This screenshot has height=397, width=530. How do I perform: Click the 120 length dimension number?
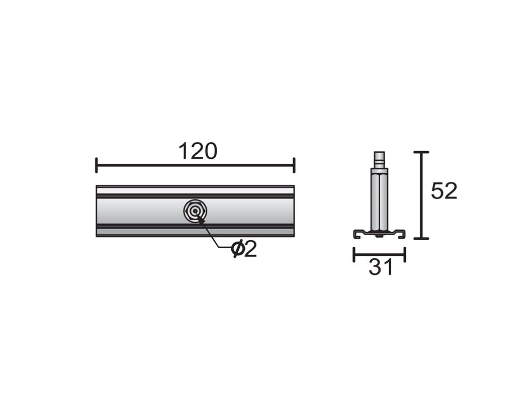(x=198, y=151)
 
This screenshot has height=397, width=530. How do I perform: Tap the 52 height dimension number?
(x=444, y=191)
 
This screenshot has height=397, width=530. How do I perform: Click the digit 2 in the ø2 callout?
(x=250, y=249)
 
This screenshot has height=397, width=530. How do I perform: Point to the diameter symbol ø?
(x=238, y=250)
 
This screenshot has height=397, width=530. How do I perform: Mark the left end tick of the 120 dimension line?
(x=97, y=165)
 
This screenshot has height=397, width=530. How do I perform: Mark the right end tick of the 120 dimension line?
(x=294, y=165)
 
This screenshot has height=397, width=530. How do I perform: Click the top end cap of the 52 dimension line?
(x=421, y=152)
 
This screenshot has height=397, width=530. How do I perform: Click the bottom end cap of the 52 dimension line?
(x=421, y=239)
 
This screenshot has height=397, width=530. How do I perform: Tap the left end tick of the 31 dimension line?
(x=354, y=254)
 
